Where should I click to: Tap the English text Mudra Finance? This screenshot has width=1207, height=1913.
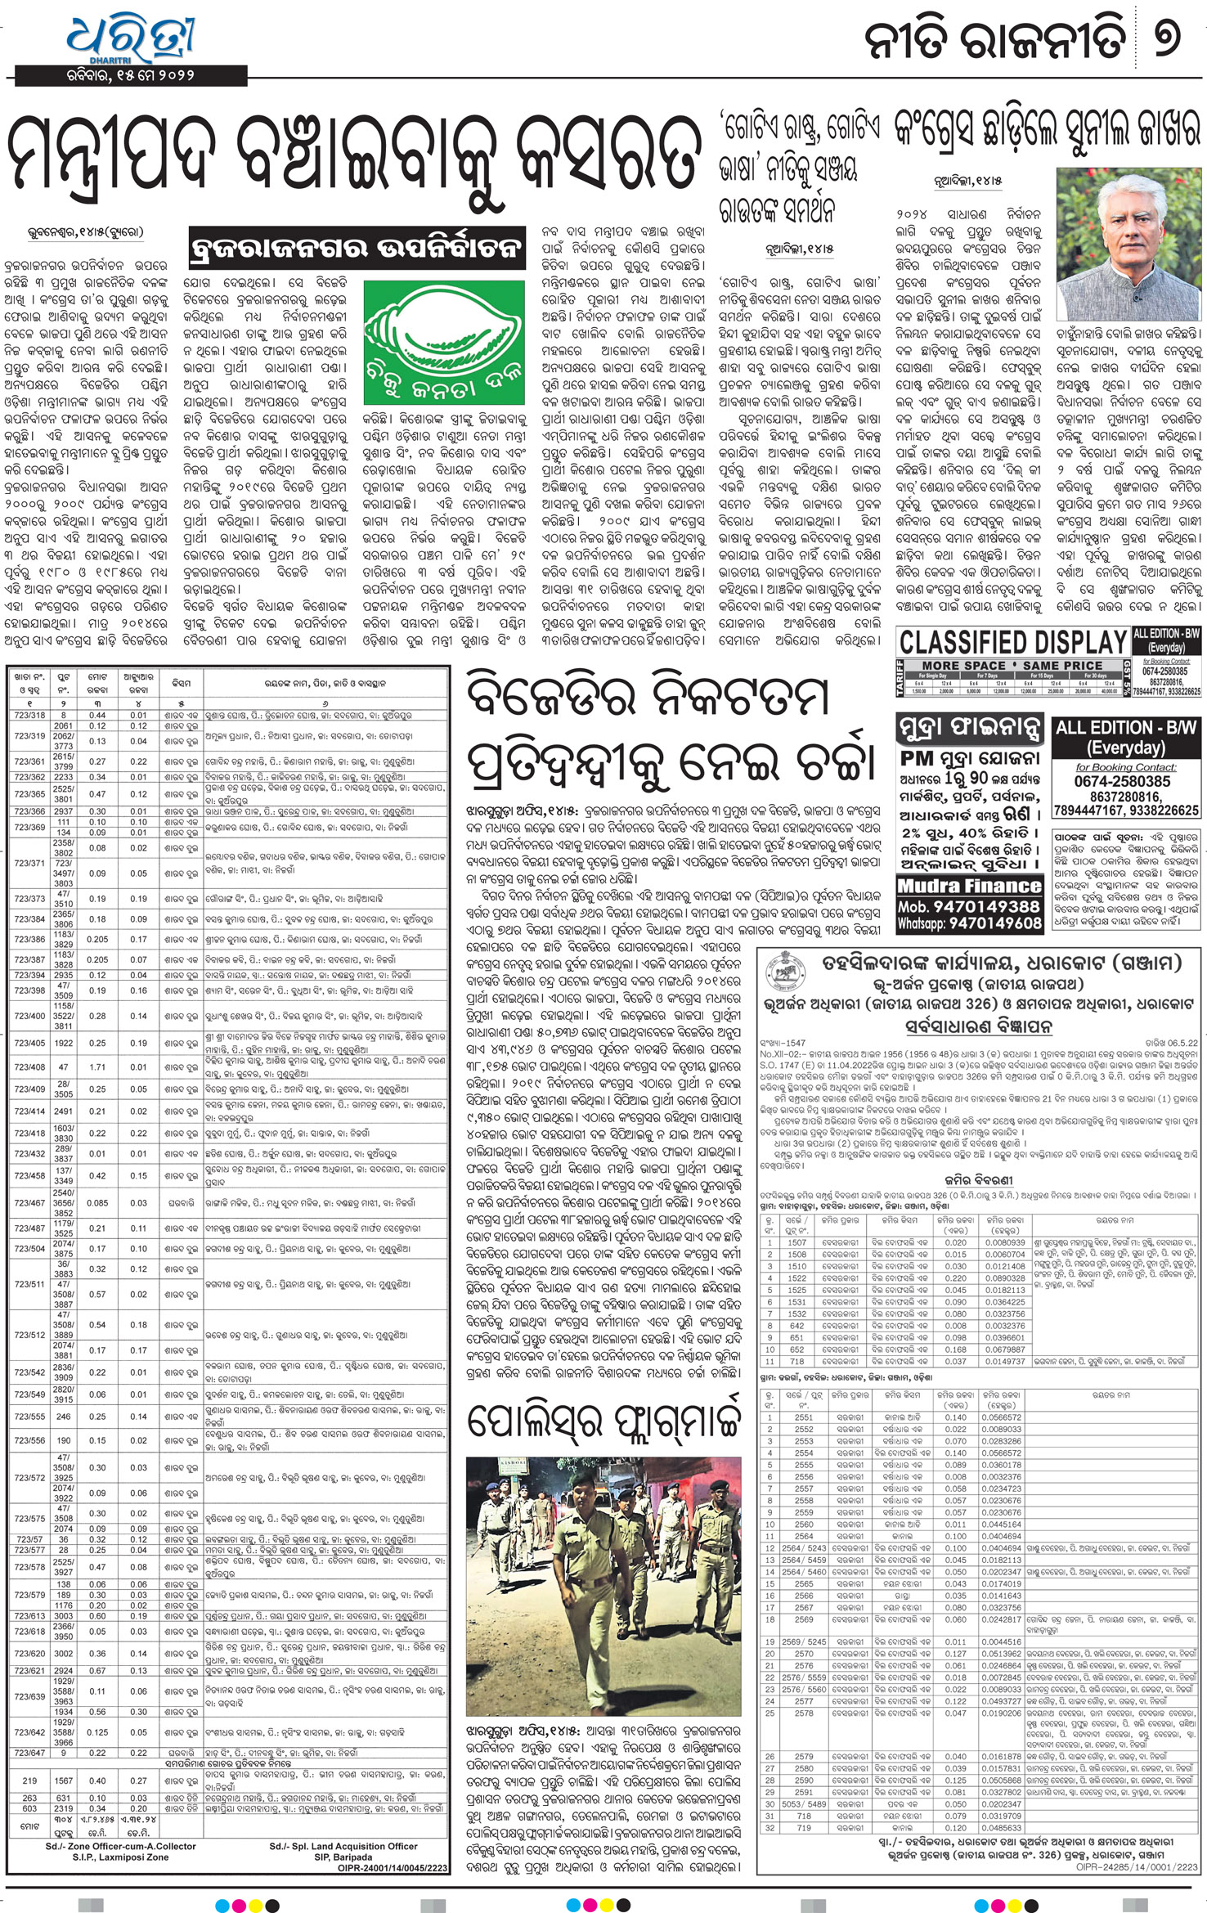point(970,886)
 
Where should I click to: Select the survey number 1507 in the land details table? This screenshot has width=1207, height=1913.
point(797,1242)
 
